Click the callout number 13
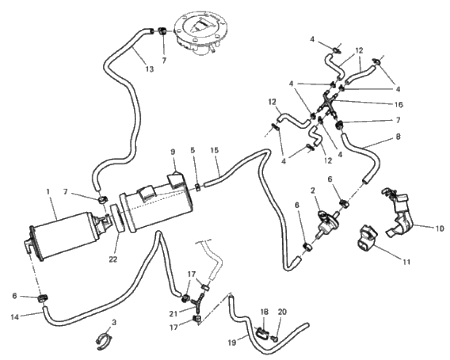[x=150, y=69]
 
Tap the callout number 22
[x=113, y=259]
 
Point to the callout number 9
[x=173, y=152]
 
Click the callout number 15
[x=214, y=150]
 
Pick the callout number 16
[x=398, y=105]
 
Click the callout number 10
[x=440, y=229]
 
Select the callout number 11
[x=406, y=262]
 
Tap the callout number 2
[x=313, y=190]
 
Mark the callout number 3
[x=114, y=322]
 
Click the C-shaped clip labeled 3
[x=104, y=341]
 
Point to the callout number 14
[x=15, y=317]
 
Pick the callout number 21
[x=173, y=314]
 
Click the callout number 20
[x=282, y=312]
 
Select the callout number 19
[x=232, y=342]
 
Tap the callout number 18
[x=265, y=312]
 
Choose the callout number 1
[x=48, y=191]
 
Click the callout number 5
[x=192, y=150]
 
